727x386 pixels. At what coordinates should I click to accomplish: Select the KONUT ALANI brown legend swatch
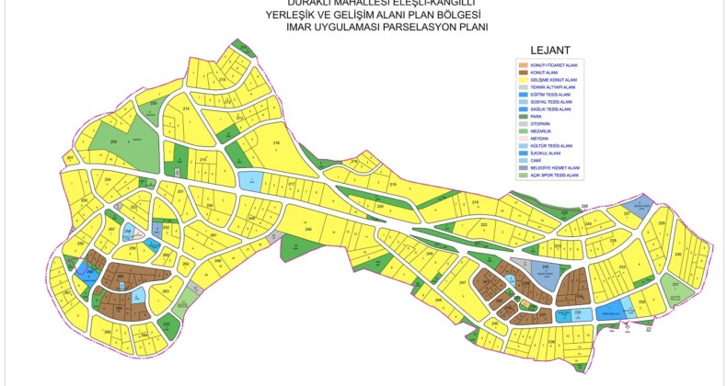523,73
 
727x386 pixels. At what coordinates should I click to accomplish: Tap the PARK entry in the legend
523,117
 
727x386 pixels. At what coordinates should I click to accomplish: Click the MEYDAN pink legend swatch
523,139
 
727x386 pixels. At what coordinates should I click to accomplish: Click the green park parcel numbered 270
167,324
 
